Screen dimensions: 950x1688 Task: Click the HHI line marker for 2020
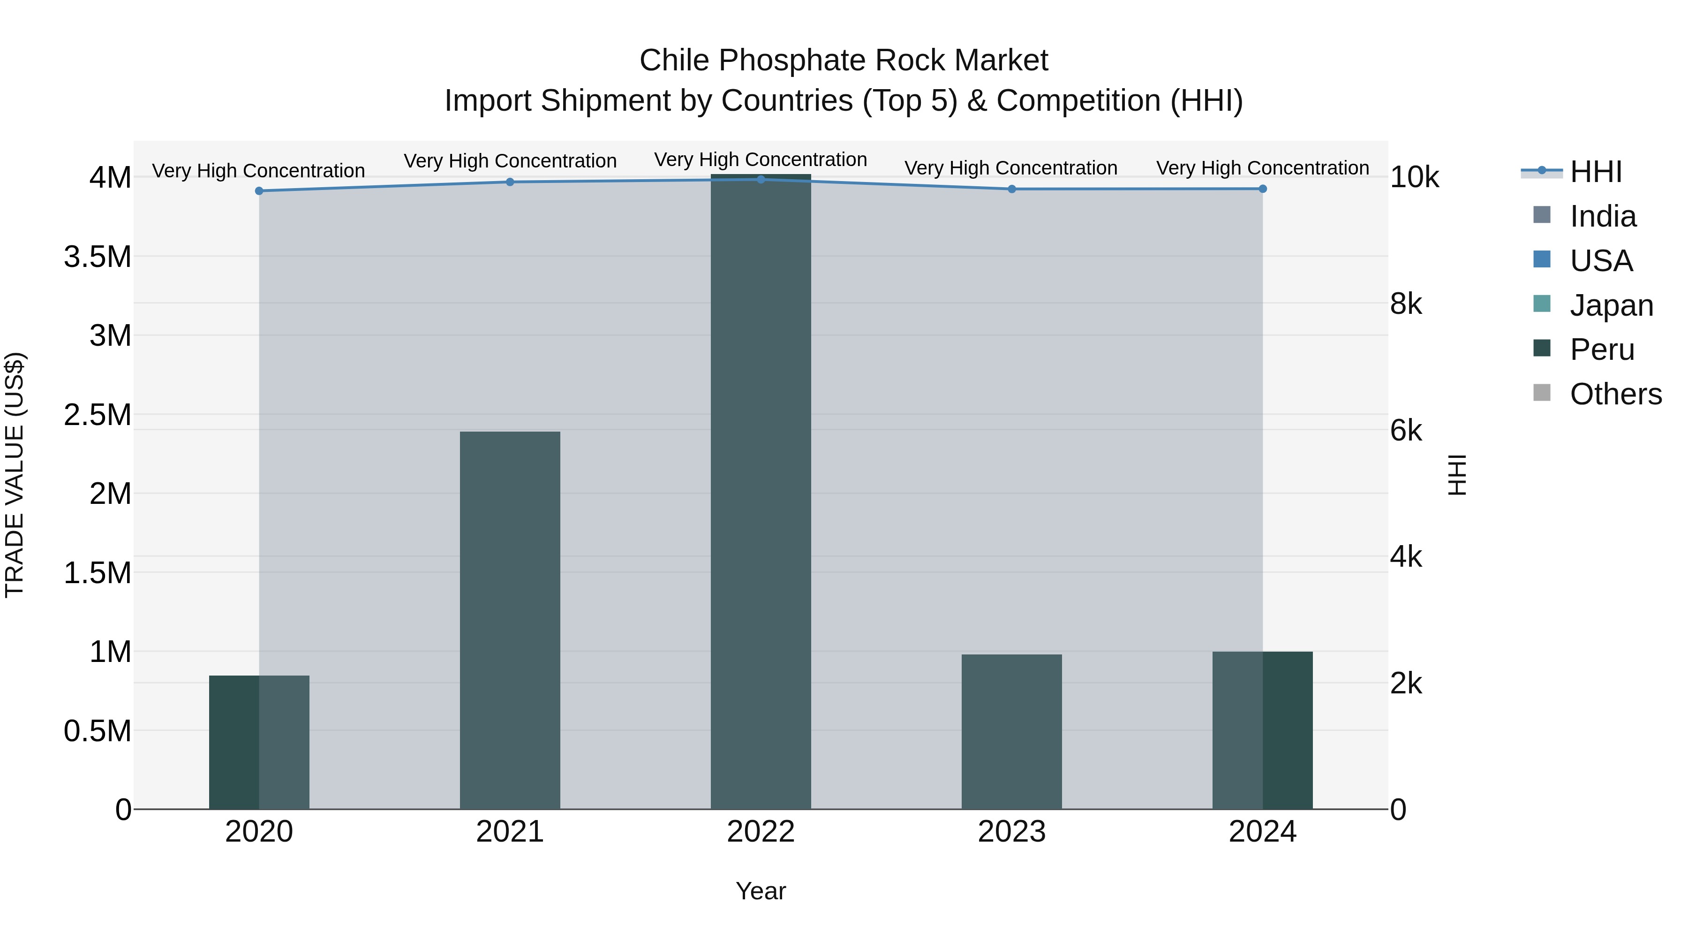coord(259,191)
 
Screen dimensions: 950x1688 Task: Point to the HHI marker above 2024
coord(1263,189)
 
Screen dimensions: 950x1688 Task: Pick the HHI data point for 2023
coord(1012,189)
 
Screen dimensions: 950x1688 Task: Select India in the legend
coord(1602,216)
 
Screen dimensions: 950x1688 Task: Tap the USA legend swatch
coord(1543,259)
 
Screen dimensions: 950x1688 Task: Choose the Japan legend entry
coord(1611,305)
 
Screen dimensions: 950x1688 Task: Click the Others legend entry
coord(1615,394)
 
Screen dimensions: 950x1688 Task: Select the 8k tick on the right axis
coord(1406,304)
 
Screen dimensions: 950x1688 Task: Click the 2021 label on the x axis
coord(510,832)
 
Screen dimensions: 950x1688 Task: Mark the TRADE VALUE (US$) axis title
coord(15,475)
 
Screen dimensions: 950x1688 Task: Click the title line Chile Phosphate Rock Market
coord(844,61)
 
